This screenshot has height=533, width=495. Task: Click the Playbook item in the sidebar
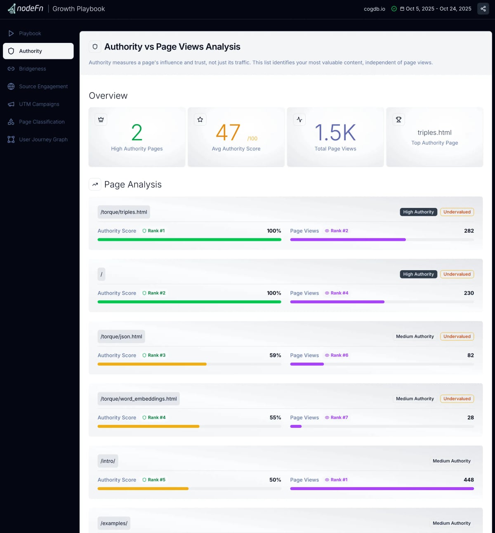coord(30,33)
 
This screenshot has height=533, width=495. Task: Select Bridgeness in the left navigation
coord(32,69)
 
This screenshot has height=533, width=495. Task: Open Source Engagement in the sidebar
coord(43,87)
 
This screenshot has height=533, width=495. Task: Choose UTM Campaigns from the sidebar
coord(39,104)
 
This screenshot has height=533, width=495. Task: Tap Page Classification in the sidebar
coord(42,122)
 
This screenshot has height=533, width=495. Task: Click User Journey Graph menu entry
coord(43,140)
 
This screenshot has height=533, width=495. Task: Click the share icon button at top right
coord(483,9)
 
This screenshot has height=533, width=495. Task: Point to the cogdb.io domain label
coord(374,9)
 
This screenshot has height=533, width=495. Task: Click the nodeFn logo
coord(26,9)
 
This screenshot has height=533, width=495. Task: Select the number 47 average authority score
coord(228,132)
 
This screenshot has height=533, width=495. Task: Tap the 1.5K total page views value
coord(335,132)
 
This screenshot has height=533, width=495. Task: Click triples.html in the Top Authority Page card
coord(434,132)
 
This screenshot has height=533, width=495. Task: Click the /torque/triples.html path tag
coord(124,212)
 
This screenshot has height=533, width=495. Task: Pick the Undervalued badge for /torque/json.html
coord(457,337)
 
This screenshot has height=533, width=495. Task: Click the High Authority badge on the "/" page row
coord(418,274)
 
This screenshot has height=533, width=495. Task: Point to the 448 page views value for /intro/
coord(469,480)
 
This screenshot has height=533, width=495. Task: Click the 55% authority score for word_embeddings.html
coord(275,417)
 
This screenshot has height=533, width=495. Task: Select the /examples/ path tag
coord(114,523)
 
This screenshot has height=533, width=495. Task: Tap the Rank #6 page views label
coord(339,355)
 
